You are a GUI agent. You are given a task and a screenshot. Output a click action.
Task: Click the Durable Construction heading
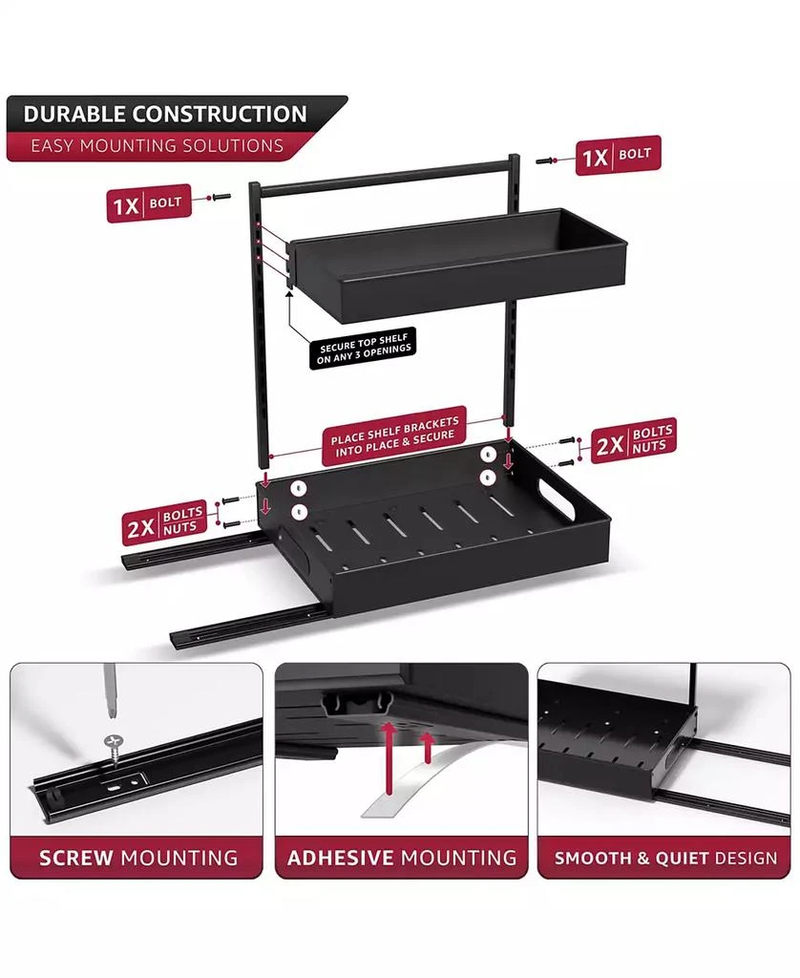165,115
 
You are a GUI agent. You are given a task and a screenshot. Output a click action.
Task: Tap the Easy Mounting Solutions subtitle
158,146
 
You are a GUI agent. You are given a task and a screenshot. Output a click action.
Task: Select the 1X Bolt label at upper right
618,156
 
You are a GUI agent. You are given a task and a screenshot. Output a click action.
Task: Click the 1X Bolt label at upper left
148,204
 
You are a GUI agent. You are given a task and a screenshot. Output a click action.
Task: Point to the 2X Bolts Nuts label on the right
633,440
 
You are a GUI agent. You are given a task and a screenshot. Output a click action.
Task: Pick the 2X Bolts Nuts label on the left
164,522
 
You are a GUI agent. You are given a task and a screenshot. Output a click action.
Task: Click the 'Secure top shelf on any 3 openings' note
365,350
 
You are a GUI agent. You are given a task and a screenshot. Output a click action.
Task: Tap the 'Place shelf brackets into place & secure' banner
394,436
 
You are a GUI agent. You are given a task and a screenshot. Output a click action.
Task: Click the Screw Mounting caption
138,858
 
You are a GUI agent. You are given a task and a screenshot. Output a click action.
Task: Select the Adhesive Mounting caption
402,858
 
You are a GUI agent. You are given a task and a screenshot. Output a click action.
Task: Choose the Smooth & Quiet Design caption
666,859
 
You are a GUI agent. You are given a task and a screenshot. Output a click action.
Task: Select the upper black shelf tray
458,265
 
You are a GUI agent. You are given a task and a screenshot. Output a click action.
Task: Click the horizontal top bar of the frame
387,176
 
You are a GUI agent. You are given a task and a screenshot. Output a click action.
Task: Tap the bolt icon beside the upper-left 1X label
221,197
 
